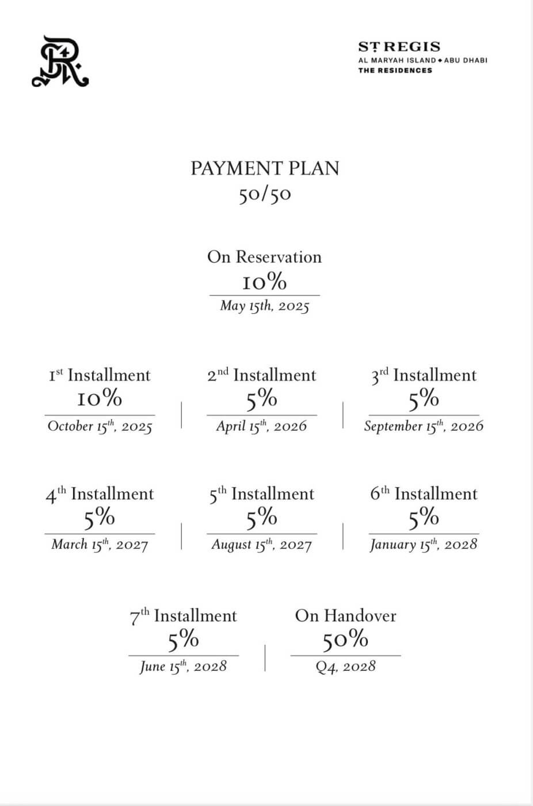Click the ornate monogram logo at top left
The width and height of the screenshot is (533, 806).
point(60,62)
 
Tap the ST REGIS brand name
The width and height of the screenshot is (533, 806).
point(399,47)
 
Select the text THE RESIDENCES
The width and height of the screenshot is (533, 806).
point(395,70)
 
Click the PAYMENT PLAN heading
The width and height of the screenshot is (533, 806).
point(265,168)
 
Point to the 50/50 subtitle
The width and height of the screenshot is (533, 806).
point(265,195)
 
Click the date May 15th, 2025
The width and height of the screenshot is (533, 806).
point(264,306)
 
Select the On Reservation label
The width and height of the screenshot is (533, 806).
point(264,257)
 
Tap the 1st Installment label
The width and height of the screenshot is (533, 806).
point(100,375)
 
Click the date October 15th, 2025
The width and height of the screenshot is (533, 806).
point(100,426)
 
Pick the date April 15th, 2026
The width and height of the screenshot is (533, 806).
point(261,426)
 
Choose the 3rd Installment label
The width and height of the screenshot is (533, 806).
point(424,375)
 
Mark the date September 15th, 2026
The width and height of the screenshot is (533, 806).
point(424,426)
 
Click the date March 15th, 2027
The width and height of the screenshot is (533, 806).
point(100,544)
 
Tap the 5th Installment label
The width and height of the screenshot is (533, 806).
point(261,494)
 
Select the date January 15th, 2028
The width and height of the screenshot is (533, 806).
point(424,544)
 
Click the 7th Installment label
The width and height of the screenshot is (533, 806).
point(183,616)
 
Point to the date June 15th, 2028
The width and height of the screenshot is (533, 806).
point(183,666)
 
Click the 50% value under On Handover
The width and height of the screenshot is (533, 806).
point(345,640)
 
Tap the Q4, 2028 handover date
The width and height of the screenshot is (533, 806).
point(345,667)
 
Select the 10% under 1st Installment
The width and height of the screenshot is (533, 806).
point(100,398)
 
